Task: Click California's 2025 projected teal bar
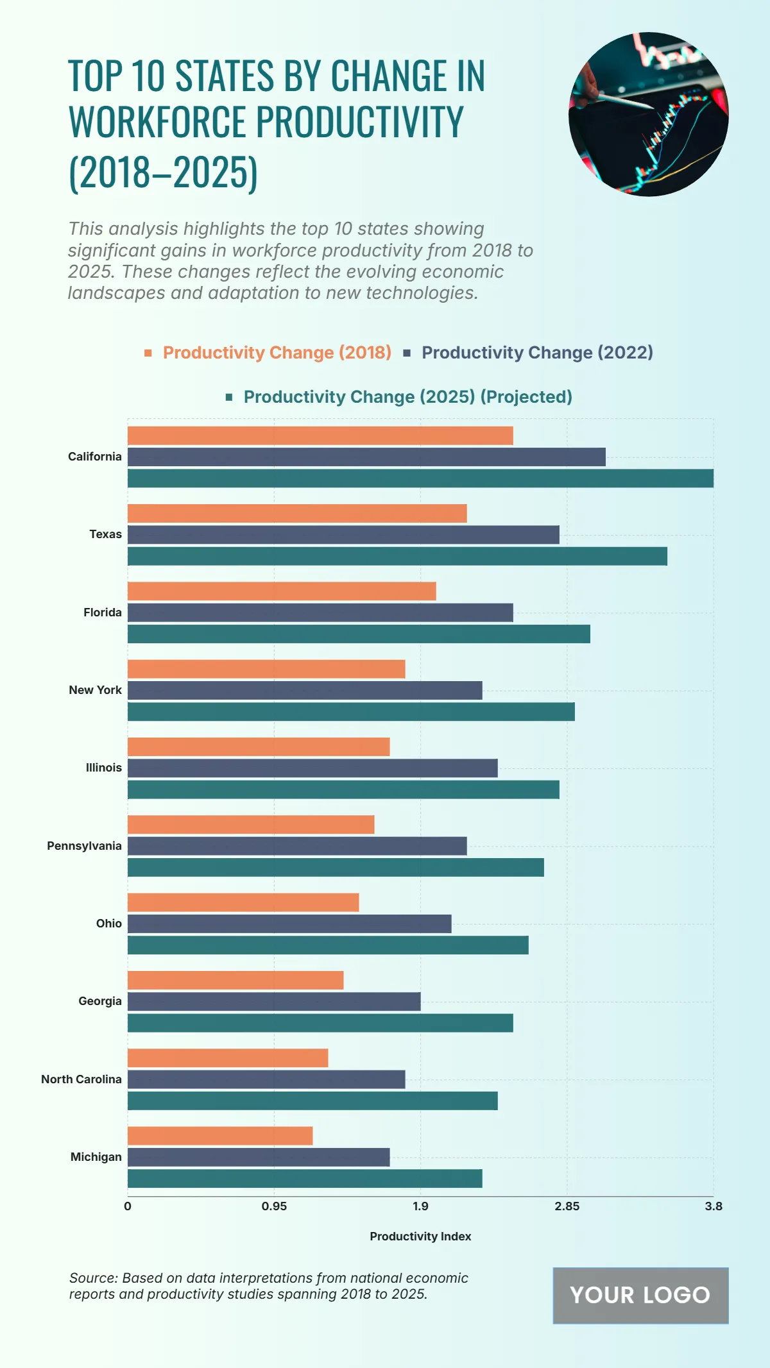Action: click(420, 478)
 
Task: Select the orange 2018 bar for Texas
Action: click(297, 513)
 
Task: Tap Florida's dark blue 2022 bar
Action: click(320, 612)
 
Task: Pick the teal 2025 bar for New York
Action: click(351, 712)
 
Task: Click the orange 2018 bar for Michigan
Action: click(220, 1136)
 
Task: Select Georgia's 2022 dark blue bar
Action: click(274, 1002)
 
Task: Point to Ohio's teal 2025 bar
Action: click(328, 945)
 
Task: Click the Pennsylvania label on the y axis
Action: click(84, 846)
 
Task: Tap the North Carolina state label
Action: click(81, 1079)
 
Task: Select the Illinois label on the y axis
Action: click(104, 768)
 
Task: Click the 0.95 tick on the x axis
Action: click(274, 1206)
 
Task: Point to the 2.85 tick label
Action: click(567, 1206)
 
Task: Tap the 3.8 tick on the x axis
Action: click(713, 1206)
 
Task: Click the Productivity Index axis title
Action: click(420, 1237)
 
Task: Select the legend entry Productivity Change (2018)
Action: click(277, 353)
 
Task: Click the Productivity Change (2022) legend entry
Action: click(536, 353)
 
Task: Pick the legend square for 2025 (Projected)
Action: click(229, 397)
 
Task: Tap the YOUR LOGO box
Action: click(640, 1296)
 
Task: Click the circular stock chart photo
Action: click(648, 114)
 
